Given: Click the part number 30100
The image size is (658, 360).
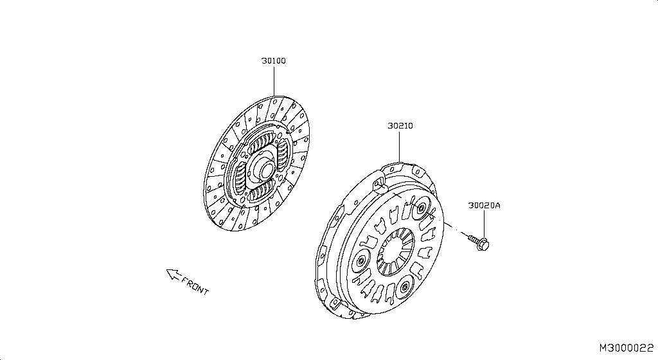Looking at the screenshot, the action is (274, 61).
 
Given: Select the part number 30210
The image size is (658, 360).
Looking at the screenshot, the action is (400, 126).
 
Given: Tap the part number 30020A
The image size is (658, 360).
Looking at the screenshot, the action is (485, 206).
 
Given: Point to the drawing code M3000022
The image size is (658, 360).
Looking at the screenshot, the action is (626, 348).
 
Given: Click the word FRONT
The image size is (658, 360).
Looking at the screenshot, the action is (195, 285).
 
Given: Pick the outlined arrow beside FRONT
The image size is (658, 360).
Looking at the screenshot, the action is (173, 274).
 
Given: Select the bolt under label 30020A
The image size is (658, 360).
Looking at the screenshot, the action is (479, 242).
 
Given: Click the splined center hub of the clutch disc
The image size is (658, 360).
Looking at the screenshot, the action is (265, 170).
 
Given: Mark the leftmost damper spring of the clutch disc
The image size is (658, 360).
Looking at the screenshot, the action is (241, 177).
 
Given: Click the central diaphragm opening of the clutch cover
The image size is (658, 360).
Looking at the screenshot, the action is (395, 252).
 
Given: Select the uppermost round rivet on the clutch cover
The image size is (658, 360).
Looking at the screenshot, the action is (422, 208).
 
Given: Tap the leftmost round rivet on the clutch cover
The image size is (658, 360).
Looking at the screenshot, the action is (361, 262).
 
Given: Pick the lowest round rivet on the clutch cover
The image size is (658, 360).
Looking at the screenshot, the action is (405, 287).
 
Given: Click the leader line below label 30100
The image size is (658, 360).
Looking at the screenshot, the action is (274, 81).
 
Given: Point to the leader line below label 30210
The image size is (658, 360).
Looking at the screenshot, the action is (400, 147).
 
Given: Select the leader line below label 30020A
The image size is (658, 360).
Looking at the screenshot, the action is (484, 224).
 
